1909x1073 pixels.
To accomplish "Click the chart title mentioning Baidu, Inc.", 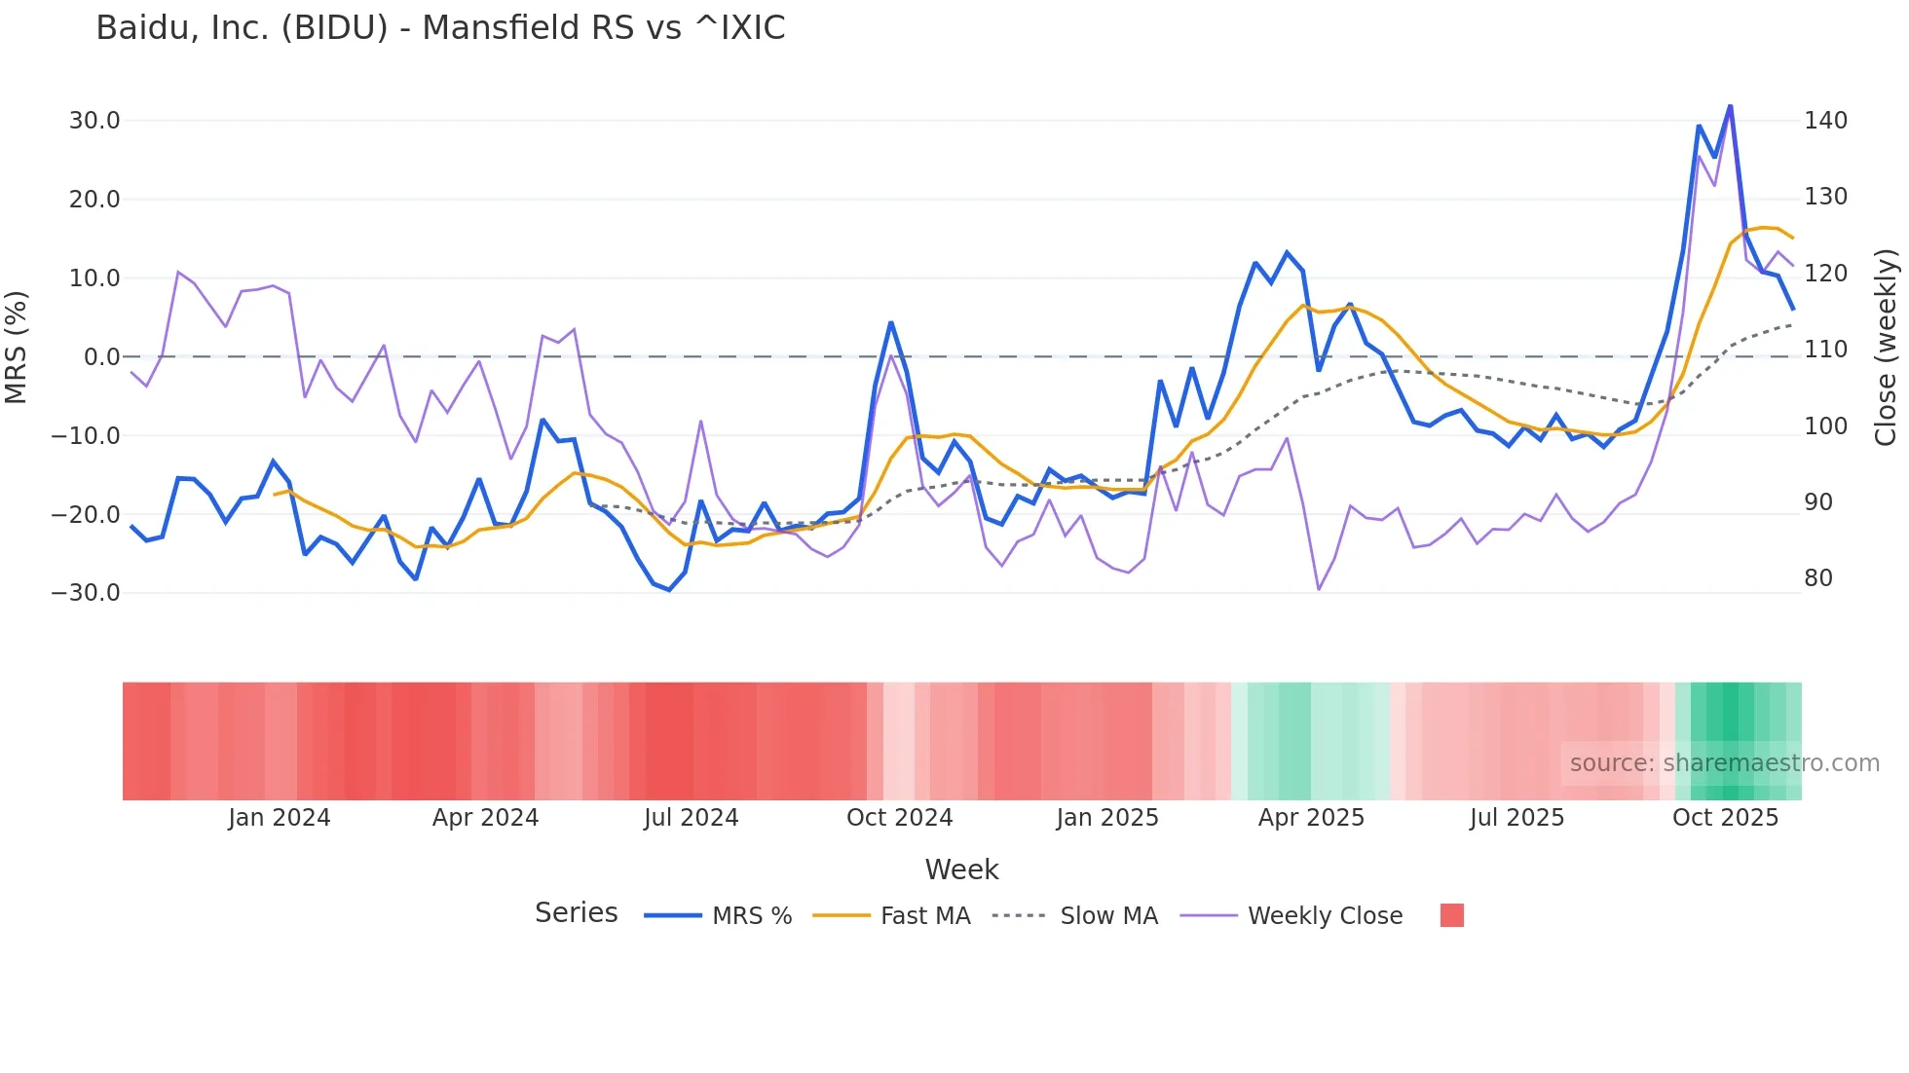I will click(x=440, y=28).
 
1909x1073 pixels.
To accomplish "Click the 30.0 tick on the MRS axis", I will click(x=94, y=121).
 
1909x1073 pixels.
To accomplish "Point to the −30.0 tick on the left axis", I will click(x=86, y=593).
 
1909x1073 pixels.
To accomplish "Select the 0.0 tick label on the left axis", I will click(x=101, y=357).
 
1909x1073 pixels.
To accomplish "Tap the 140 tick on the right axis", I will click(x=1825, y=121).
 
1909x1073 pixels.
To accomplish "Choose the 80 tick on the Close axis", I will click(x=1818, y=578).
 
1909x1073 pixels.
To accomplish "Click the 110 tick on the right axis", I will click(x=1825, y=350).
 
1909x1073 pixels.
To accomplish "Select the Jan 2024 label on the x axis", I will click(x=280, y=818).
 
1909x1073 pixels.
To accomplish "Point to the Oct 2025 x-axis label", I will click(x=1725, y=818).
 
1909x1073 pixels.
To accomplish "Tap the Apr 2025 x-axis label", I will click(x=1311, y=818).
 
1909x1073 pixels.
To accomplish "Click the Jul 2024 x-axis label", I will click(x=691, y=818).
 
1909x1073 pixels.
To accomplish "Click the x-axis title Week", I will click(x=961, y=869).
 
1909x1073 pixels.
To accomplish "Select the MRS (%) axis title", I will click(x=17, y=348).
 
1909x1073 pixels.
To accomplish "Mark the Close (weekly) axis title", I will click(x=1886, y=348).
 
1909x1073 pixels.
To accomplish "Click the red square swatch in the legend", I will click(x=1451, y=915).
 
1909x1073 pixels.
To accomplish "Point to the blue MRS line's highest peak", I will click(x=1730, y=106).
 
